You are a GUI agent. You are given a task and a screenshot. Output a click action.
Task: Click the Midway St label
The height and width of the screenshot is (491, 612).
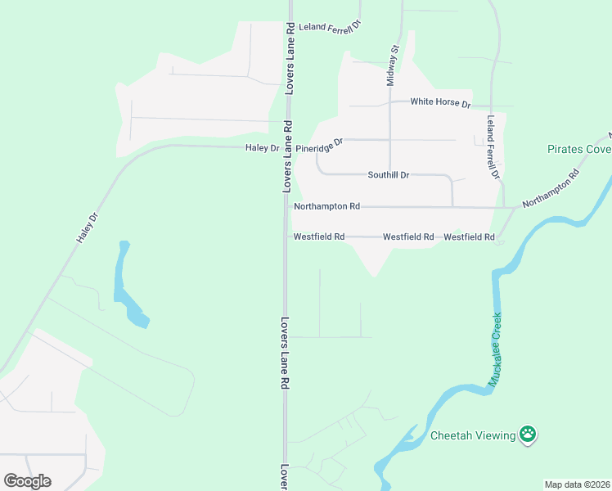[x=392, y=65]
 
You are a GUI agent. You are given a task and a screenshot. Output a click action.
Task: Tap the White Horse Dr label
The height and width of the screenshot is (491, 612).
[x=440, y=102]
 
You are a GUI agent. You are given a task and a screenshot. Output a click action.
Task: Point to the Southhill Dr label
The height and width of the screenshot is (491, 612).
[x=388, y=175]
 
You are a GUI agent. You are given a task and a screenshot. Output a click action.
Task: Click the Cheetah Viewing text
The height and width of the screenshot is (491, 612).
[x=473, y=435]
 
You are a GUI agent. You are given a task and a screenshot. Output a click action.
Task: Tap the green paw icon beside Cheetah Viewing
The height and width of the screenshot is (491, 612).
[x=529, y=435]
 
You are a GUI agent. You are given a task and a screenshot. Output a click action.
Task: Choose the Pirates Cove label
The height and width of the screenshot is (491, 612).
[x=578, y=150]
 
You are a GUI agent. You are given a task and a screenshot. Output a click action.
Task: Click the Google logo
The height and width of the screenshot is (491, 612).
[x=27, y=480]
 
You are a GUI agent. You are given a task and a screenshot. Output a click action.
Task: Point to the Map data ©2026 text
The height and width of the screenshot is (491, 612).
[x=578, y=484]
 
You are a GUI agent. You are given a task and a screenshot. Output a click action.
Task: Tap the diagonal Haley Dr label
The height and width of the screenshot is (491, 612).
[x=87, y=228]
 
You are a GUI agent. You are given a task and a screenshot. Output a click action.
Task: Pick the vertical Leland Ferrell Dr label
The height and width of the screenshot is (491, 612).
[x=493, y=147]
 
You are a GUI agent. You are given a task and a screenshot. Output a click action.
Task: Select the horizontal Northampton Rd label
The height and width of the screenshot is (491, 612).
[x=326, y=207]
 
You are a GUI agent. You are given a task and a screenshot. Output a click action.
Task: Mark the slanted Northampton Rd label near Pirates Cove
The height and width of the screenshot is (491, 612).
[x=551, y=187]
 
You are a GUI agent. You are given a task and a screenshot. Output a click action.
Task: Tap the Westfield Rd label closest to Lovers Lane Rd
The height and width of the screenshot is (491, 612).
[x=318, y=236]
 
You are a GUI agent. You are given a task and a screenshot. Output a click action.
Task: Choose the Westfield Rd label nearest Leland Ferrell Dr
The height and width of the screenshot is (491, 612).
[x=469, y=236]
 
